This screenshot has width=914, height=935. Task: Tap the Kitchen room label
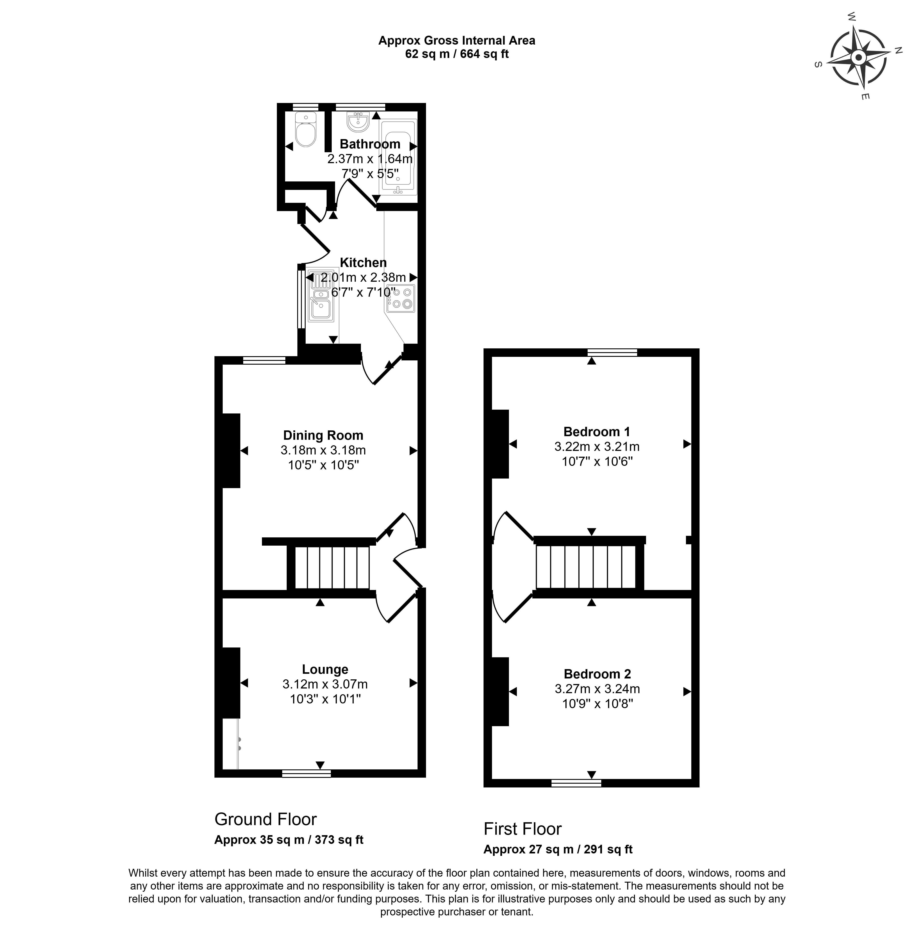pos(363,263)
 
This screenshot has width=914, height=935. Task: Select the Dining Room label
pos(323,435)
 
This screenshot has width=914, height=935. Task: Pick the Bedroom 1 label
pos(597,432)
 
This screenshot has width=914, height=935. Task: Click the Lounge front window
pos(306,774)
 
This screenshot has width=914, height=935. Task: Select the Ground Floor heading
pos(266,819)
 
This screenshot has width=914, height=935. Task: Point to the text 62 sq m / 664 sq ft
pos(457,54)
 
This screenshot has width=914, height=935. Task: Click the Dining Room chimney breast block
pos(231,451)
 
